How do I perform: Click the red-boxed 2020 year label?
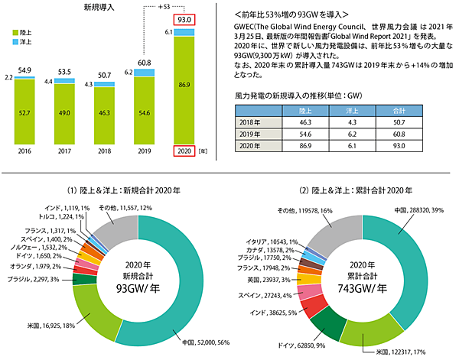pos(184,151)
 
